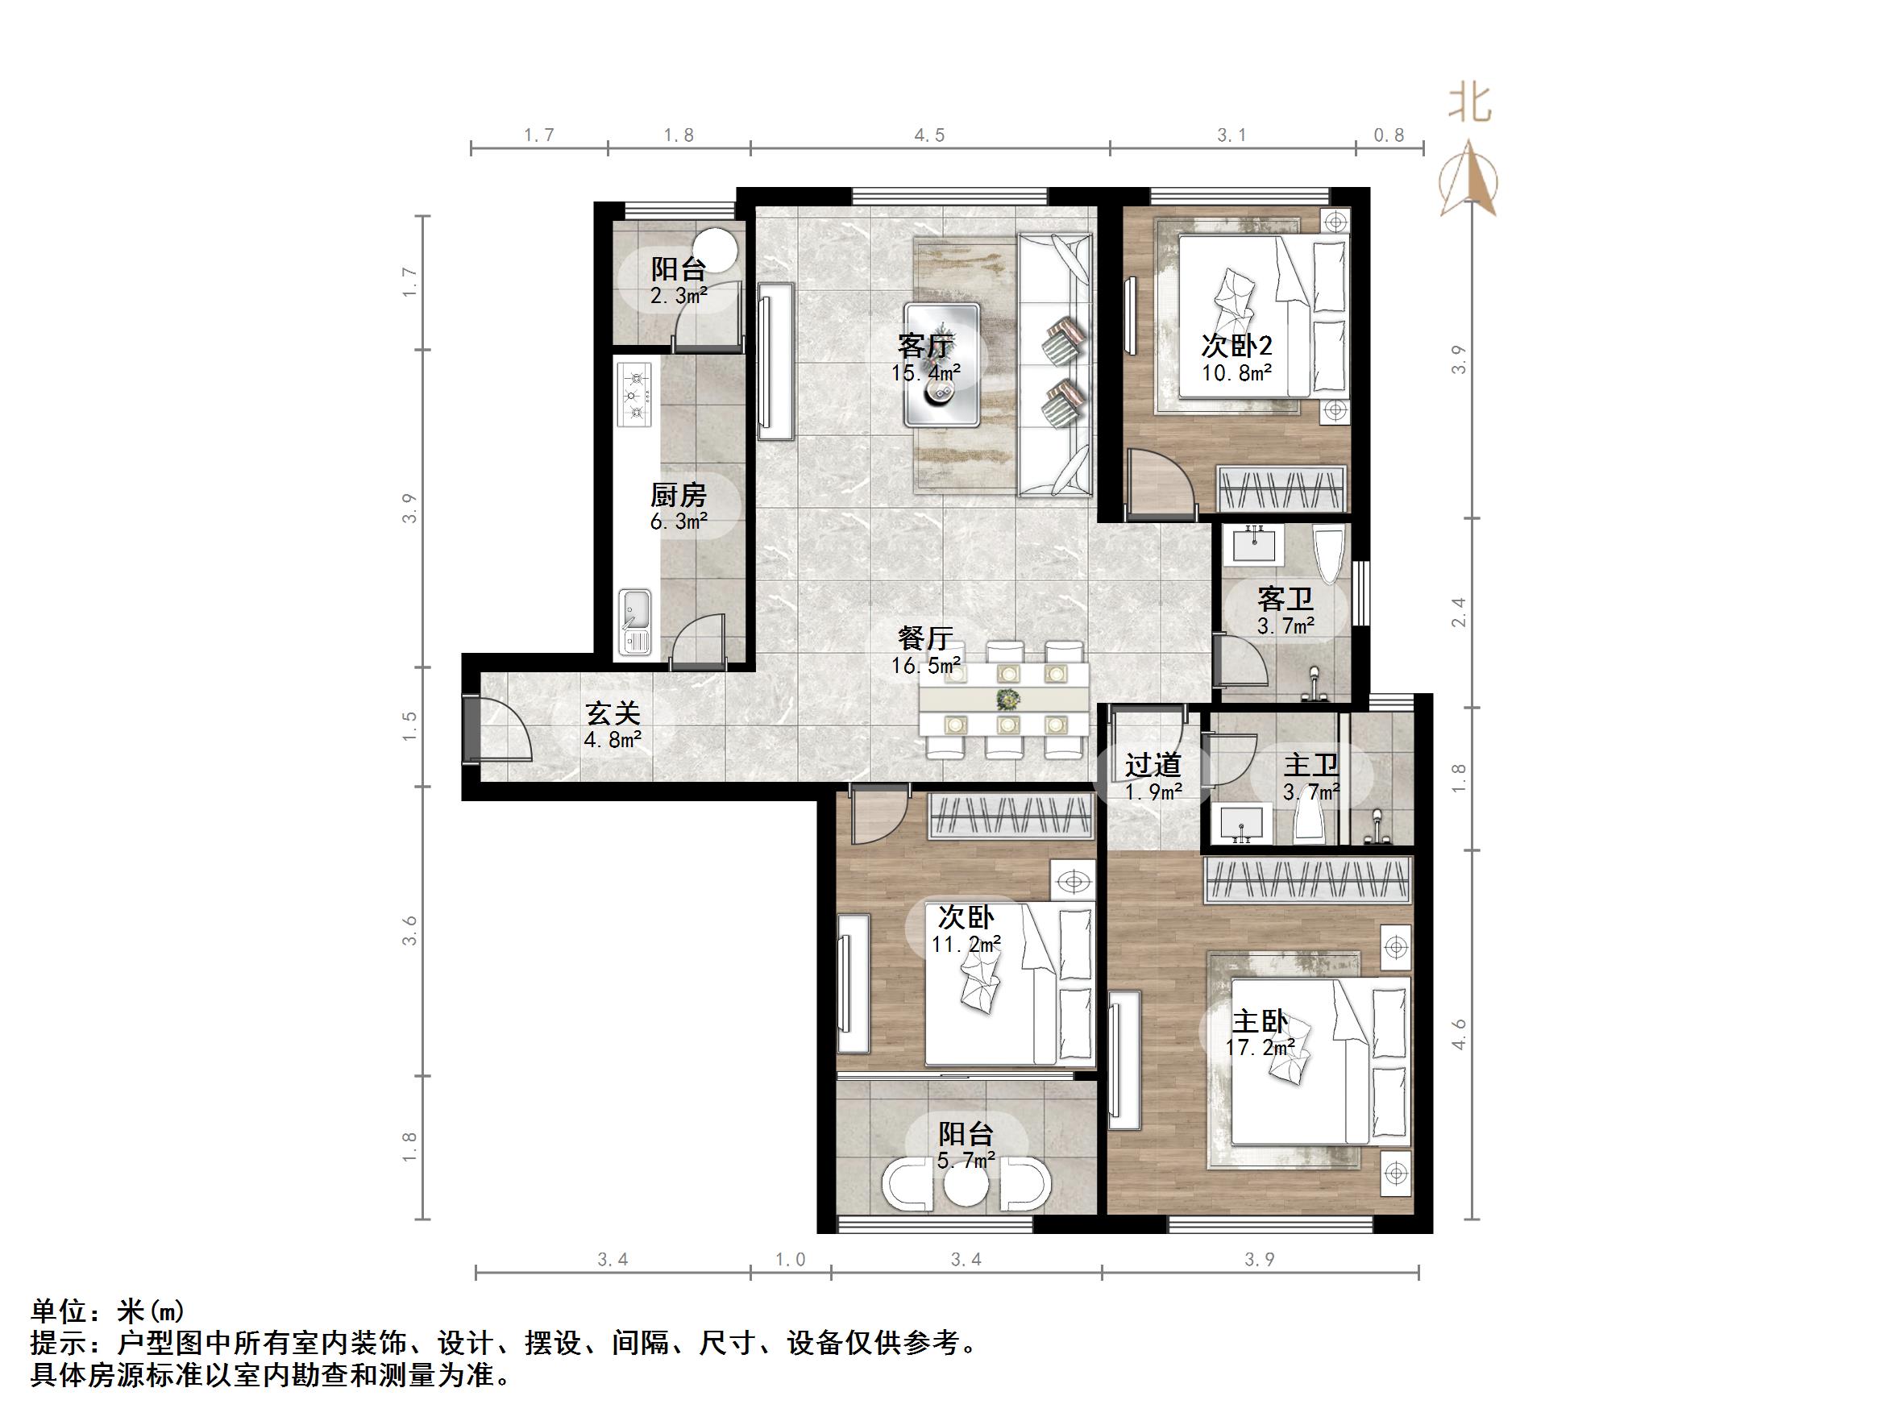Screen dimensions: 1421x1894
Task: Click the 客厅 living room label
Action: (924, 346)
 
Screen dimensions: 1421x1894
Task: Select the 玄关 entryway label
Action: (613, 713)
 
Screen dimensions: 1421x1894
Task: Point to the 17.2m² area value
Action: (1260, 1048)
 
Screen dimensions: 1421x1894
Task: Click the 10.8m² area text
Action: (1236, 372)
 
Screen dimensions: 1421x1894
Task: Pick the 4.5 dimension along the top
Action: (929, 135)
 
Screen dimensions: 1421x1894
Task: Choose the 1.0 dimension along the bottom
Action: (791, 1259)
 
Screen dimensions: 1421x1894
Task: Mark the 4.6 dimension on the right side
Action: (1459, 1034)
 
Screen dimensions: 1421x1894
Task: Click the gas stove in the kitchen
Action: (634, 395)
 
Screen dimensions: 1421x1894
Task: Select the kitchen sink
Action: (634, 621)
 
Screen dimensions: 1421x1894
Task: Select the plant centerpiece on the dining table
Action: (1007, 700)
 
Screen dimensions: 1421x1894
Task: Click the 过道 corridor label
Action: (1153, 765)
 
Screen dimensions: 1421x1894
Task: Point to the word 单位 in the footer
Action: (59, 1311)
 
